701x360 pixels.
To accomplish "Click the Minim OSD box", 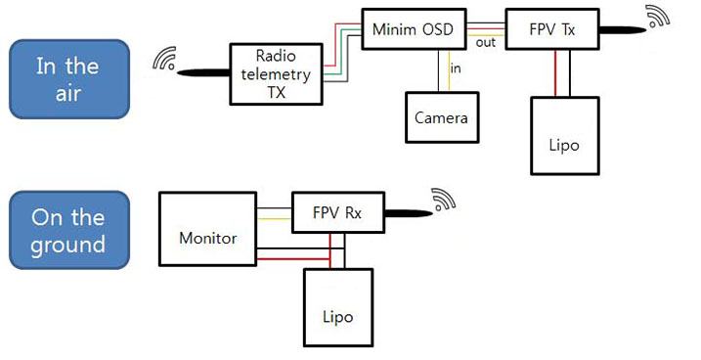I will click(x=413, y=30).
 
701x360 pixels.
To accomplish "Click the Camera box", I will click(x=441, y=117).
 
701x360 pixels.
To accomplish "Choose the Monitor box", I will click(x=206, y=237).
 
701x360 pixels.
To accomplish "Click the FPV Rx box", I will click(x=336, y=213).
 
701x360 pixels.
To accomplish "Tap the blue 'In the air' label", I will click(x=67, y=79).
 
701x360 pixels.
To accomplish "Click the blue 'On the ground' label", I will click(x=67, y=230).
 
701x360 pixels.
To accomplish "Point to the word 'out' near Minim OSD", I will click(x=485, y=42).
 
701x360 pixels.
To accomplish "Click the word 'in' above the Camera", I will click(x=456, y=67).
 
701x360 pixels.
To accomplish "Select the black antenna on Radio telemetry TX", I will click(x=200, y=71).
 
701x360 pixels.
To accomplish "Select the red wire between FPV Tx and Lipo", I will click(x=555, y=73).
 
